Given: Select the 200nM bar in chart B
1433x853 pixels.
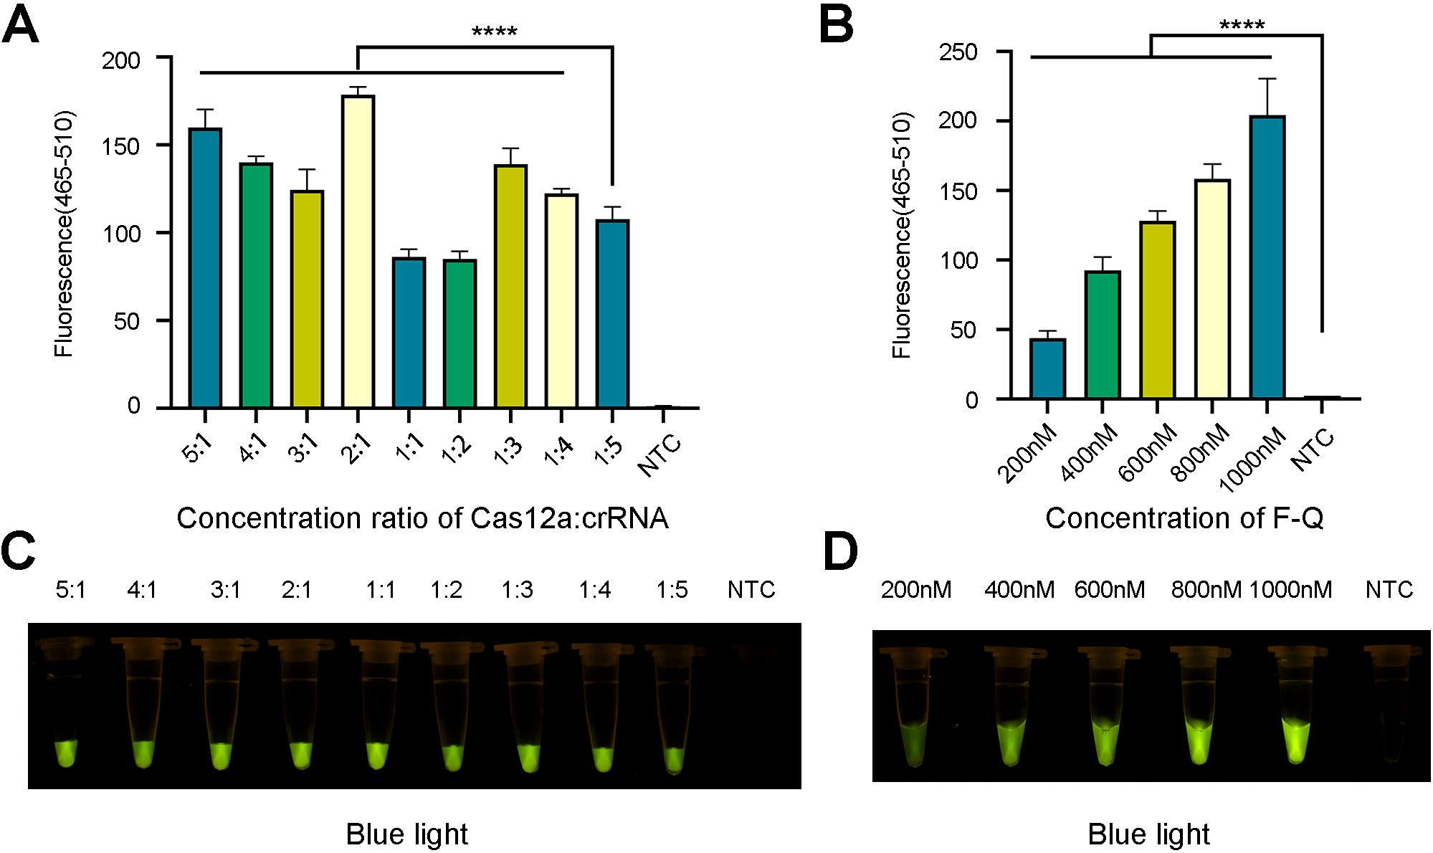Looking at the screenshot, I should point(1047,368).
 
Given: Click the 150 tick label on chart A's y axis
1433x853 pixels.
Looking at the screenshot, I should point(121,146).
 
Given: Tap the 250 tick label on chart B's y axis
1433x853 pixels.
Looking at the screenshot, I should point(958,52).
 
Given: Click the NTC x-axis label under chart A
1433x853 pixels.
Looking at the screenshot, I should point(660,454).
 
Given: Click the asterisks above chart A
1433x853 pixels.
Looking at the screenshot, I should point(495,32).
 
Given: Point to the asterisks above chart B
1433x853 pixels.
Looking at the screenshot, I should point(1242,26).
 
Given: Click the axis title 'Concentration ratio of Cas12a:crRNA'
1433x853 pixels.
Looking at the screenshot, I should point(422,518).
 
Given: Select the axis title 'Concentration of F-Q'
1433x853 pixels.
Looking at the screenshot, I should point(1184,518).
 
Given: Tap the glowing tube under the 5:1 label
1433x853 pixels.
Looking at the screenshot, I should point(66,753).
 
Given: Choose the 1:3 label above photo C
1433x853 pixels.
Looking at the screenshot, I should point(517,590).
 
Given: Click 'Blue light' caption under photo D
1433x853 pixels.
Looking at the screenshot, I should point(1148,834).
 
